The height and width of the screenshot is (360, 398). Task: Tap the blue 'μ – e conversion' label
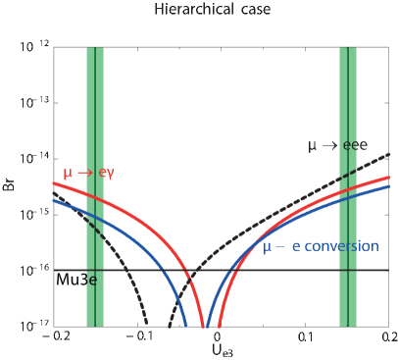coord(321,246)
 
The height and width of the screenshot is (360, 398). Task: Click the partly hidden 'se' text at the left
coord(90,281)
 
